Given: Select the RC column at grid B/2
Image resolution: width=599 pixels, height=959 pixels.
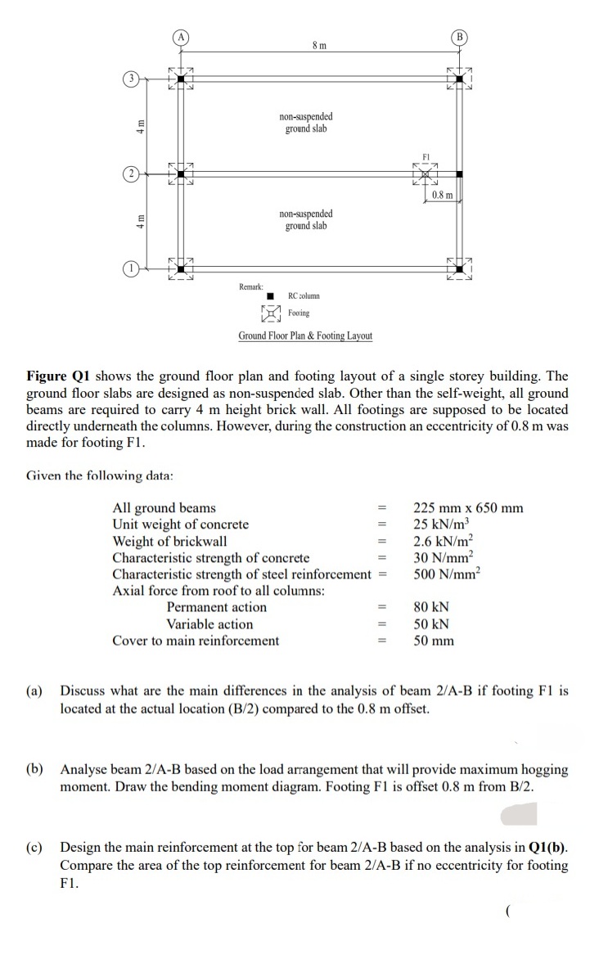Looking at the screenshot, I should point(461,174).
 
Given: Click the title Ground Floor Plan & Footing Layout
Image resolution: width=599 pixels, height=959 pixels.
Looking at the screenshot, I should point(305,335).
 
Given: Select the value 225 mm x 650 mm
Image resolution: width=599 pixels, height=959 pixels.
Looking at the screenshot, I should point(468,508).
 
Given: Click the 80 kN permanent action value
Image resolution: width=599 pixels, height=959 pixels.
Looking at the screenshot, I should point(431,607).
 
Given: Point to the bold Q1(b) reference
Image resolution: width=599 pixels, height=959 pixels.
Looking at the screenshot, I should point(547,849).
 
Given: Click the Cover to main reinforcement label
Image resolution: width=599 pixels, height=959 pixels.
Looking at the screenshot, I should point(195,641).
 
